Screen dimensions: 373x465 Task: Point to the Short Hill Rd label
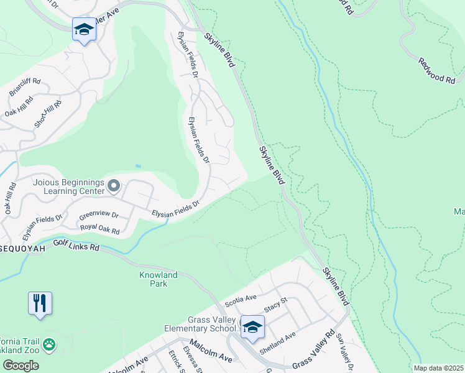coord(48,113)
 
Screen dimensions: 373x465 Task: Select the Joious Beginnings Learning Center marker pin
coord(113,185)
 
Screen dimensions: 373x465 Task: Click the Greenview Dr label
coord(99,215)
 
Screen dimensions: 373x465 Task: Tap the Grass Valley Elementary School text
coord(200,324)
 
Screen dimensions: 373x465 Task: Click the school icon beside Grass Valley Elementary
coord(252,326)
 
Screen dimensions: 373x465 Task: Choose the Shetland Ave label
coord(277,344)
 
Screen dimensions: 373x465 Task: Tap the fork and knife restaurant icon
coord(40,303)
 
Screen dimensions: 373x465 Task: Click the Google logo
coord(20,366)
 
